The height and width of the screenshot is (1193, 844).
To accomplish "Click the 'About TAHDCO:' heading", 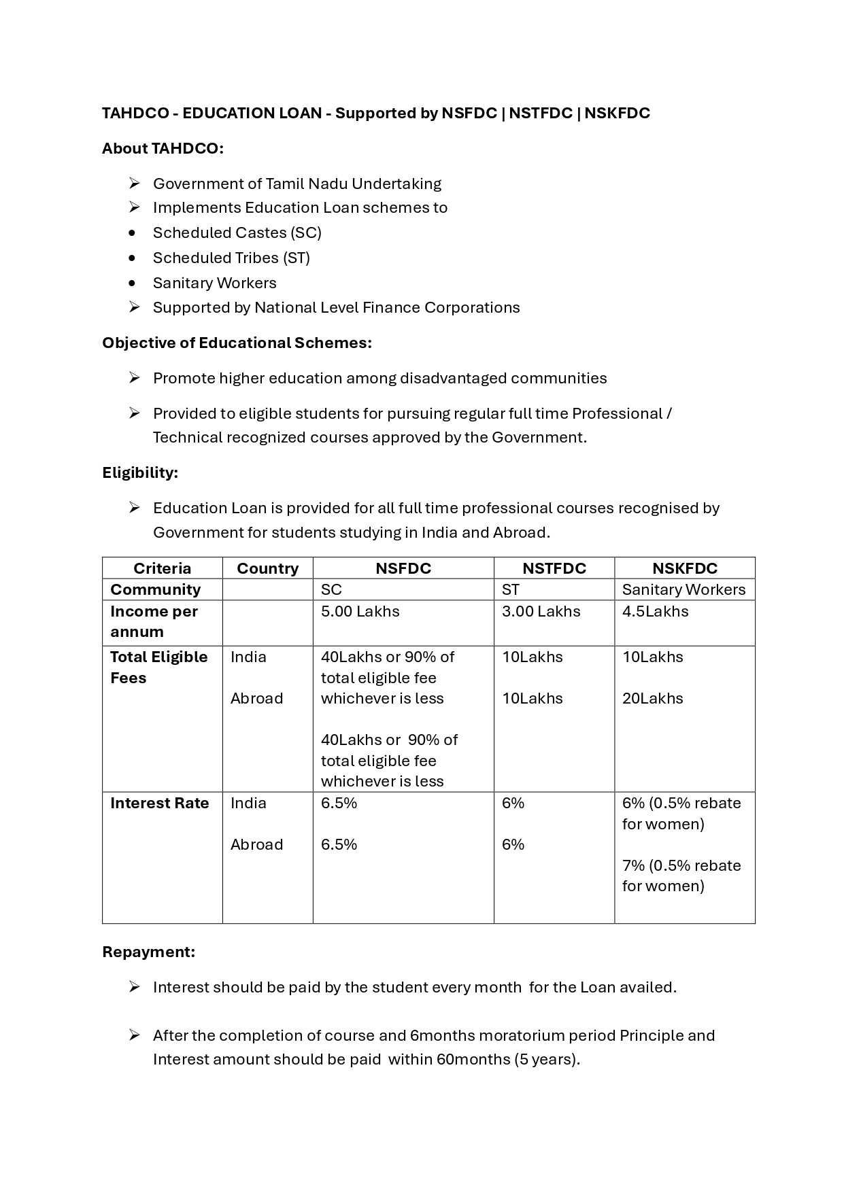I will tap(163, 148).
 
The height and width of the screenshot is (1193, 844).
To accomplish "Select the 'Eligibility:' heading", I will tap(140, 472).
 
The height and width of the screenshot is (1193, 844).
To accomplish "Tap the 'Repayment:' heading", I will tap(148, 952).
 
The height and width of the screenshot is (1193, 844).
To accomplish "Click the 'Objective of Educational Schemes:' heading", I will tap(237, 343).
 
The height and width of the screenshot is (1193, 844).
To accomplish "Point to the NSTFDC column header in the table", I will tap(554, 568).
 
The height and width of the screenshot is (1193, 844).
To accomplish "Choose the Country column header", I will tap(267, 568).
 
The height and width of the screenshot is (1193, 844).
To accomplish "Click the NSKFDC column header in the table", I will tap(684, 568).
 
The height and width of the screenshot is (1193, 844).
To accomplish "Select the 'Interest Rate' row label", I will tap(159, 803).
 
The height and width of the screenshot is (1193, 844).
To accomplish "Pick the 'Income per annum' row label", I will tap(154, 621).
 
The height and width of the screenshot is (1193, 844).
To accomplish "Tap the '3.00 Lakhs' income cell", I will tap(541, 611).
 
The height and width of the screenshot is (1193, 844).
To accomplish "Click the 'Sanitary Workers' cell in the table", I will tap(683, 589).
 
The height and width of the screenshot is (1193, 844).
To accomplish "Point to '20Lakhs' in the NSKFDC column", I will tap(652, 698).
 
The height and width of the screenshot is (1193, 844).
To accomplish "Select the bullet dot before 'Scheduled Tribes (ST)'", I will tap(132, 258).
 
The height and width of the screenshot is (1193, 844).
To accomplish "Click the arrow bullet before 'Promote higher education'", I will tap(134, 378).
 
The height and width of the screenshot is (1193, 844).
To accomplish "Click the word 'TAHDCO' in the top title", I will tap(135, 113).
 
